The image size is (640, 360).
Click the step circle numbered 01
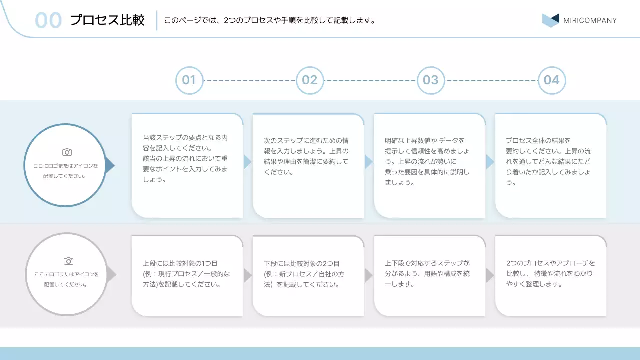[189, 80]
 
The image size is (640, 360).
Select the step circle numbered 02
[310, 80]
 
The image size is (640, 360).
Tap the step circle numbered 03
[431, 80]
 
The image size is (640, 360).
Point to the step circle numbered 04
[552, 80]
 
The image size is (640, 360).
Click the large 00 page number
[48, 20]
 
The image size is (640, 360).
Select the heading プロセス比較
[107, 20]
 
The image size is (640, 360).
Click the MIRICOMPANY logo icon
[550, 20]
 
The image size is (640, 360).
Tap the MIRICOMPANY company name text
[590, 21]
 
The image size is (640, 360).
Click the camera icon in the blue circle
[67, 152]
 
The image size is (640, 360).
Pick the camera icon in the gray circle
[69, 261]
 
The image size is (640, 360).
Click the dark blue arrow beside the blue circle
[110, 166]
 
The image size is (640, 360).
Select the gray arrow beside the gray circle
[111, 274]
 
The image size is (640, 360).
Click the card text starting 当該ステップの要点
[186, 158]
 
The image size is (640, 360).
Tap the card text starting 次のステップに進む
[306, 156]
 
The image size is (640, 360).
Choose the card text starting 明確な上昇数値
[427, 161]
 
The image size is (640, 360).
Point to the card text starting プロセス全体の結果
[548, 161]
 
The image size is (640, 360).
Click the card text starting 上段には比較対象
[186, 274]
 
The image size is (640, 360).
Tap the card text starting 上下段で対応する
[427, 273]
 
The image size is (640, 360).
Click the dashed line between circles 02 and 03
[370, 80]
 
